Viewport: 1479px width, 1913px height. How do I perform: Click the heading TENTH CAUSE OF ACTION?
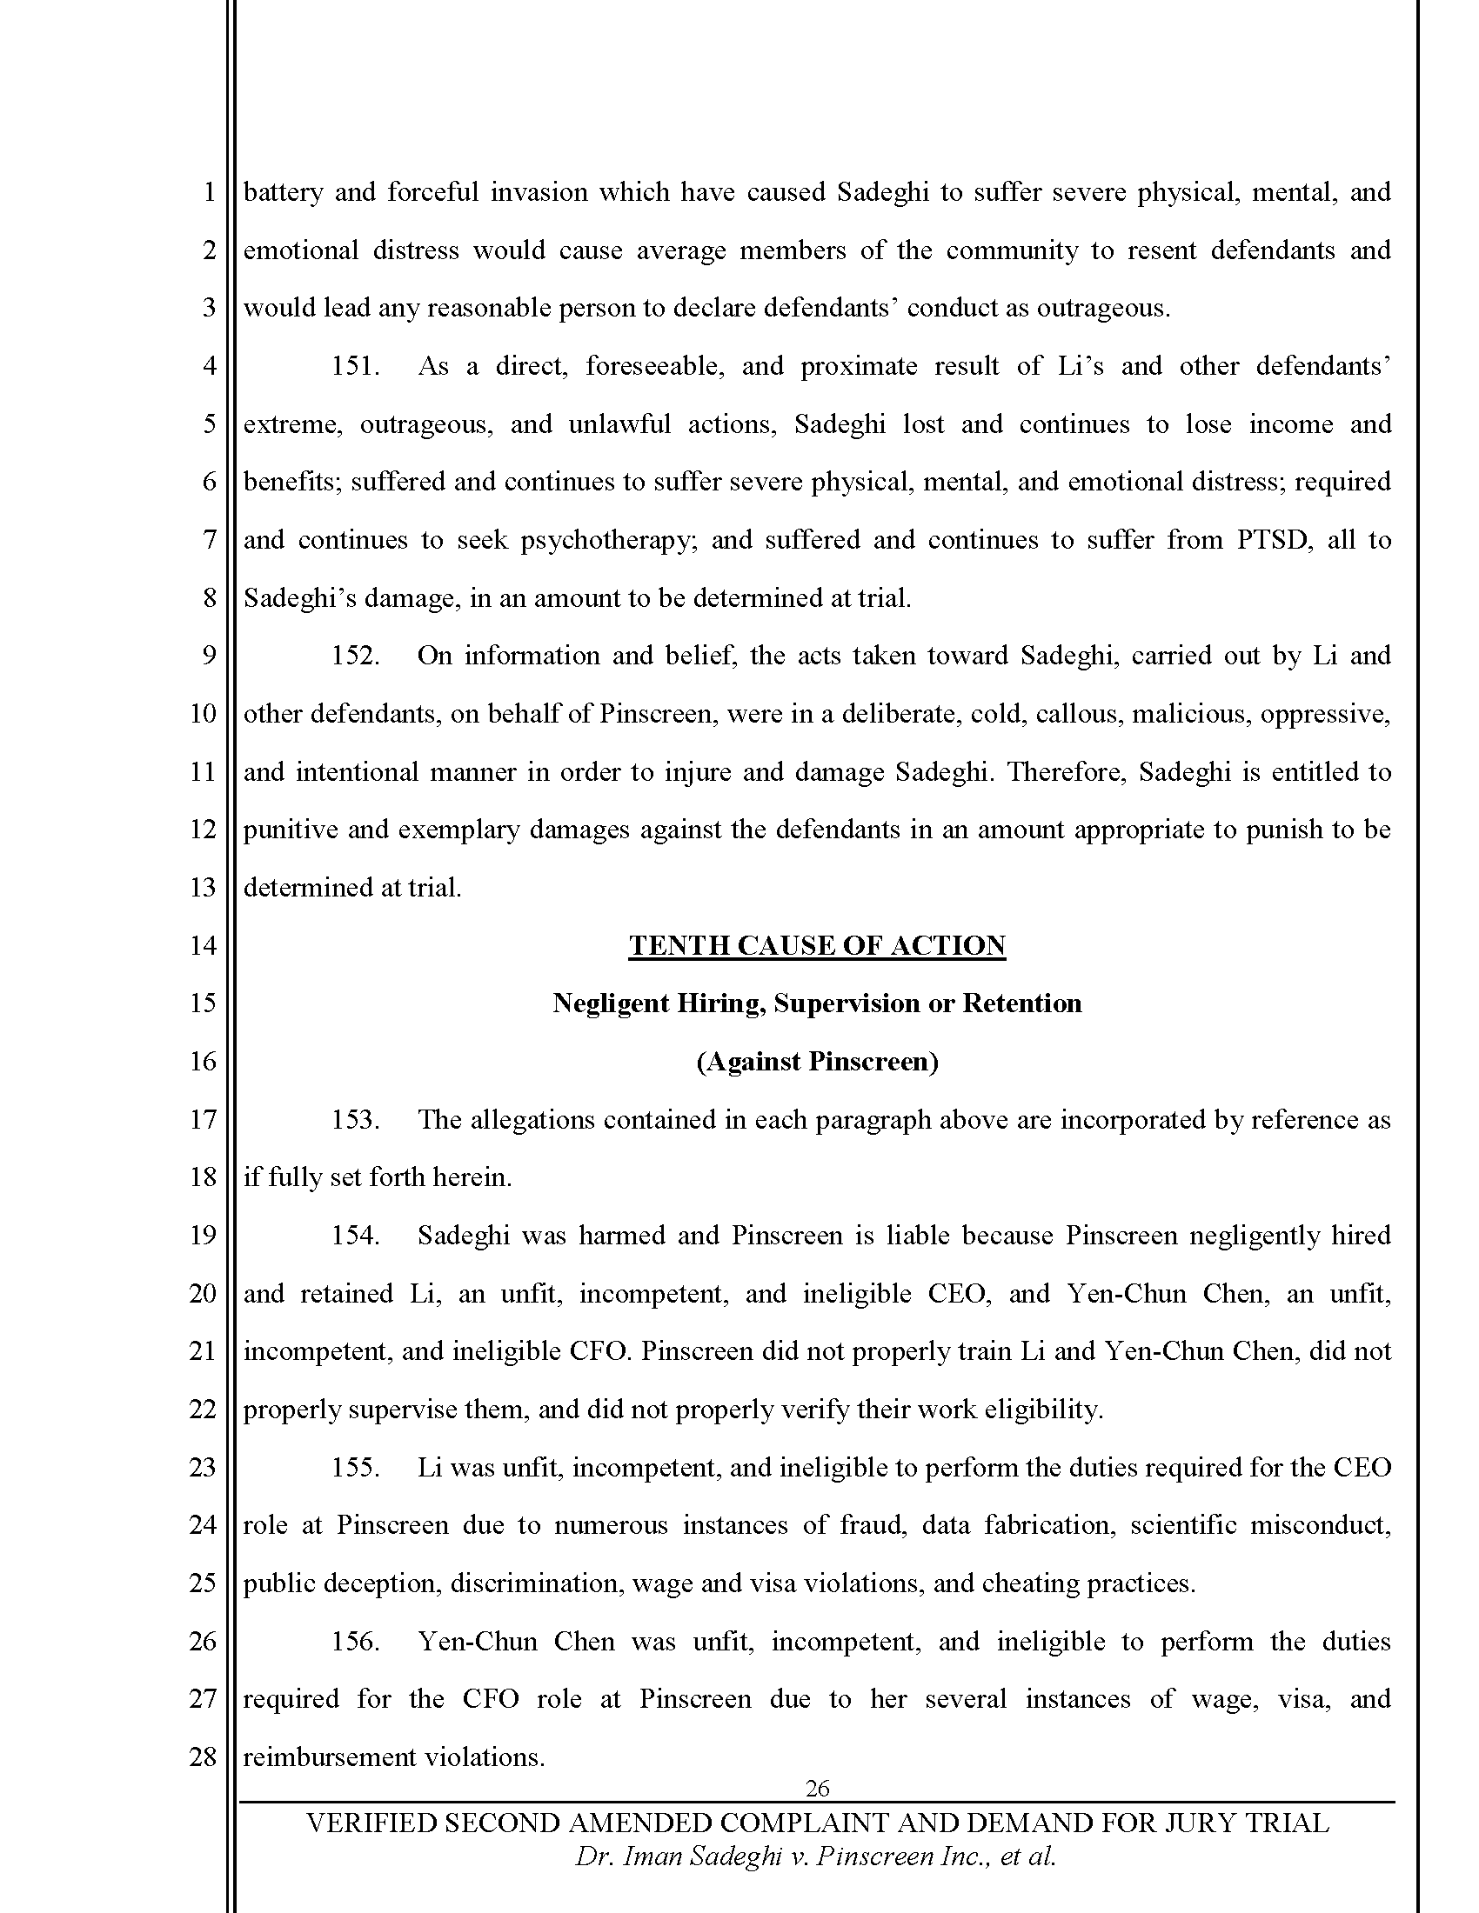click(817, 946)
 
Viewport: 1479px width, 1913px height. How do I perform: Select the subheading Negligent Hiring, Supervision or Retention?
click(817, 1003)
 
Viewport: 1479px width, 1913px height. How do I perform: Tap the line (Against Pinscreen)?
click(817, 1062)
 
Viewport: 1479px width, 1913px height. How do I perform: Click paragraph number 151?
click(355, 366)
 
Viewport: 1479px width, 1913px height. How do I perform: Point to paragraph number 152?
click(355, 656)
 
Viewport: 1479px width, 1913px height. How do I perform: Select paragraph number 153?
click(355, 1120)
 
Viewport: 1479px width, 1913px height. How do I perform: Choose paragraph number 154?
click(355, 1236)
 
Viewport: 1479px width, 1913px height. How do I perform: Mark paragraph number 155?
click(355, 1468)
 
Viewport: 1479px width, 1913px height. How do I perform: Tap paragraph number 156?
click(355, 1642)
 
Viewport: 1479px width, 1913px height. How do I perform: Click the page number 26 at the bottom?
click(817, 1788)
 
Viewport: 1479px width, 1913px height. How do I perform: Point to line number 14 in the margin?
click(203, 946)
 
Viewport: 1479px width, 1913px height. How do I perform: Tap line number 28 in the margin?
click(203, 1757)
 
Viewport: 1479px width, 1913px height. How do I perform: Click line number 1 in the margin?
click(209, 193)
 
